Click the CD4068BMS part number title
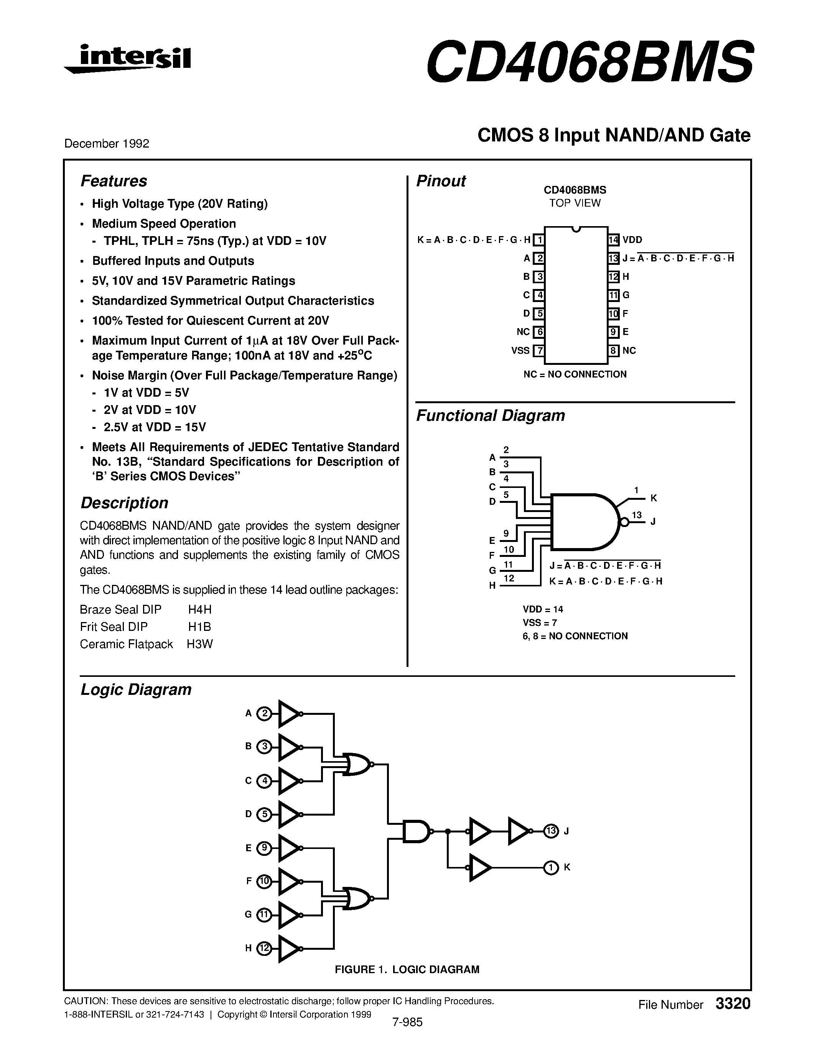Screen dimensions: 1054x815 [x=589, y=62]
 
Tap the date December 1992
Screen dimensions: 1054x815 [x=107, y=144]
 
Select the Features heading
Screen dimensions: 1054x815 [x=114, y=181]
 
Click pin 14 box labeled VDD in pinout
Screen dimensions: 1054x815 [x=614, y=240]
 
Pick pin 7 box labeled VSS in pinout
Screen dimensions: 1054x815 [x=539, y=351]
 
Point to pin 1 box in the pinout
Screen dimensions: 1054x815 [x=539, y=240]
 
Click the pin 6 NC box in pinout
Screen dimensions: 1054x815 [x=539, y=332]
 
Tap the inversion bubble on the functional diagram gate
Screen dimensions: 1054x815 [x=624, y=522]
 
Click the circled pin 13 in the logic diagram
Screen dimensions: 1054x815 [x=551, y=831]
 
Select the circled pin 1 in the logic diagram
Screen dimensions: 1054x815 [x=551, y=868]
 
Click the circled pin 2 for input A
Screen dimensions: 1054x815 [x=264, y=714]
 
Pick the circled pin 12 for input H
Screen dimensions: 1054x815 [x=264, y=948]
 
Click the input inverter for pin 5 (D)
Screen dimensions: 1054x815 [x=289, y=814]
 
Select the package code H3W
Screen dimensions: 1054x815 [x=200, y=644]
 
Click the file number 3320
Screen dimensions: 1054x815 [x=733, y=1004]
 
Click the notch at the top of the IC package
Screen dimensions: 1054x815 [x=576, y=229]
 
